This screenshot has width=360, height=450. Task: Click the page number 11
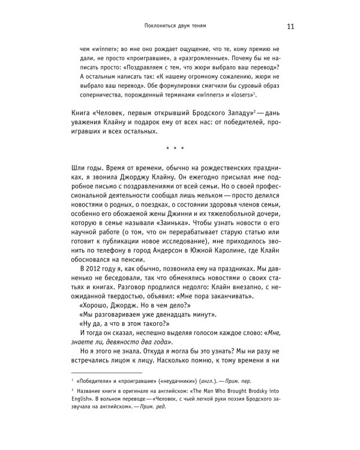click(290, 26)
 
